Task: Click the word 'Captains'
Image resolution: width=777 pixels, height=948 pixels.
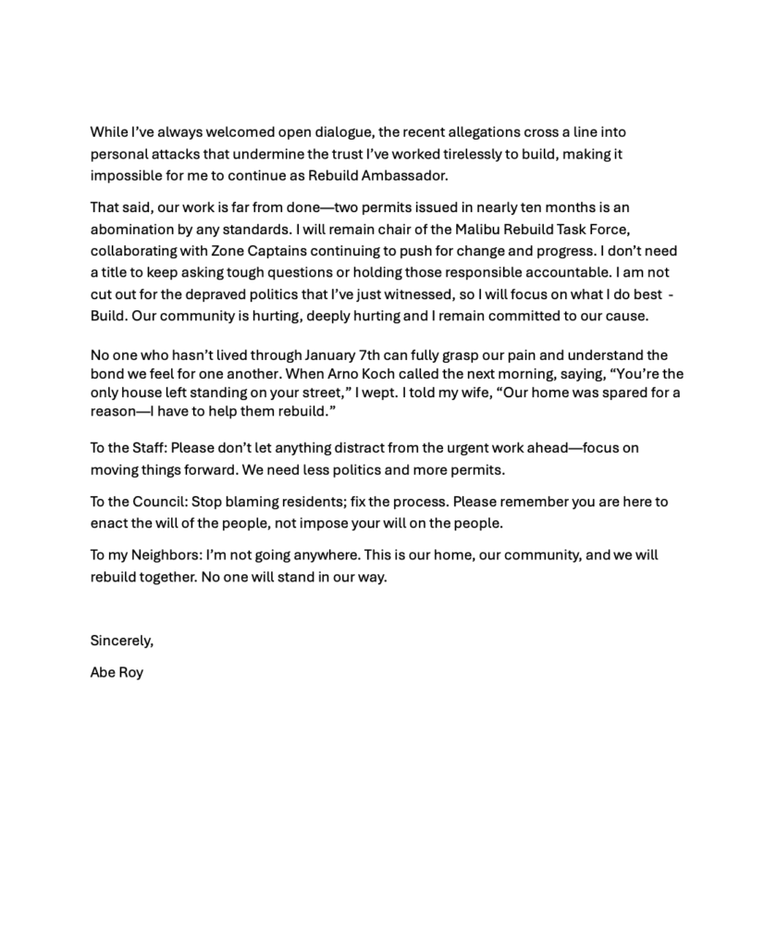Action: click(270, 251)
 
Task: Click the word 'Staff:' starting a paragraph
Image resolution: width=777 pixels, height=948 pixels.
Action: click(146, 448)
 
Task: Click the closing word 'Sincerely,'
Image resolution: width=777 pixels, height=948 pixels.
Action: click(121, 640)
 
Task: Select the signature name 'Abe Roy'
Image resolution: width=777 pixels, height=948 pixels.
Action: click(117, 673)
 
